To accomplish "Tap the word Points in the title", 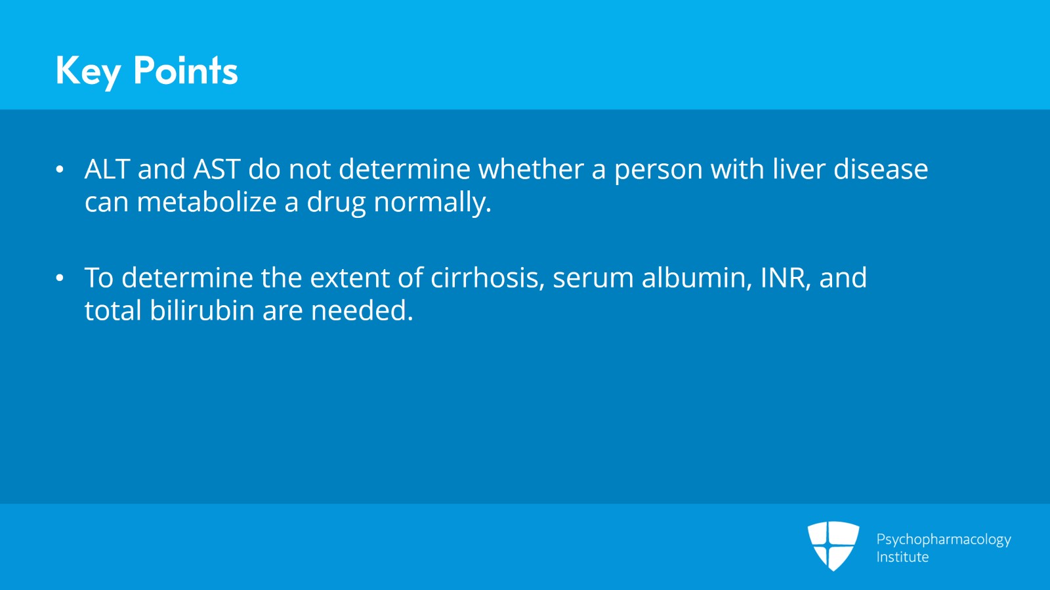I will point(186,70).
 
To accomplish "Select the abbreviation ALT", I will point(108,169).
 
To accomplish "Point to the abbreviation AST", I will point(217,169).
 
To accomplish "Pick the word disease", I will point(881,169).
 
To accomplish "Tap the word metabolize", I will point(207,202).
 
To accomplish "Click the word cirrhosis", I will point(487,278).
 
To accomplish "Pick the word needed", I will point(362,310).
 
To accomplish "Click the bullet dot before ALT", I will point(60,170).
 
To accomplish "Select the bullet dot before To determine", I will point(60,278).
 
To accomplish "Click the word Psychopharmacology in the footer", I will point(944,539).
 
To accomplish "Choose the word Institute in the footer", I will point(902,557).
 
